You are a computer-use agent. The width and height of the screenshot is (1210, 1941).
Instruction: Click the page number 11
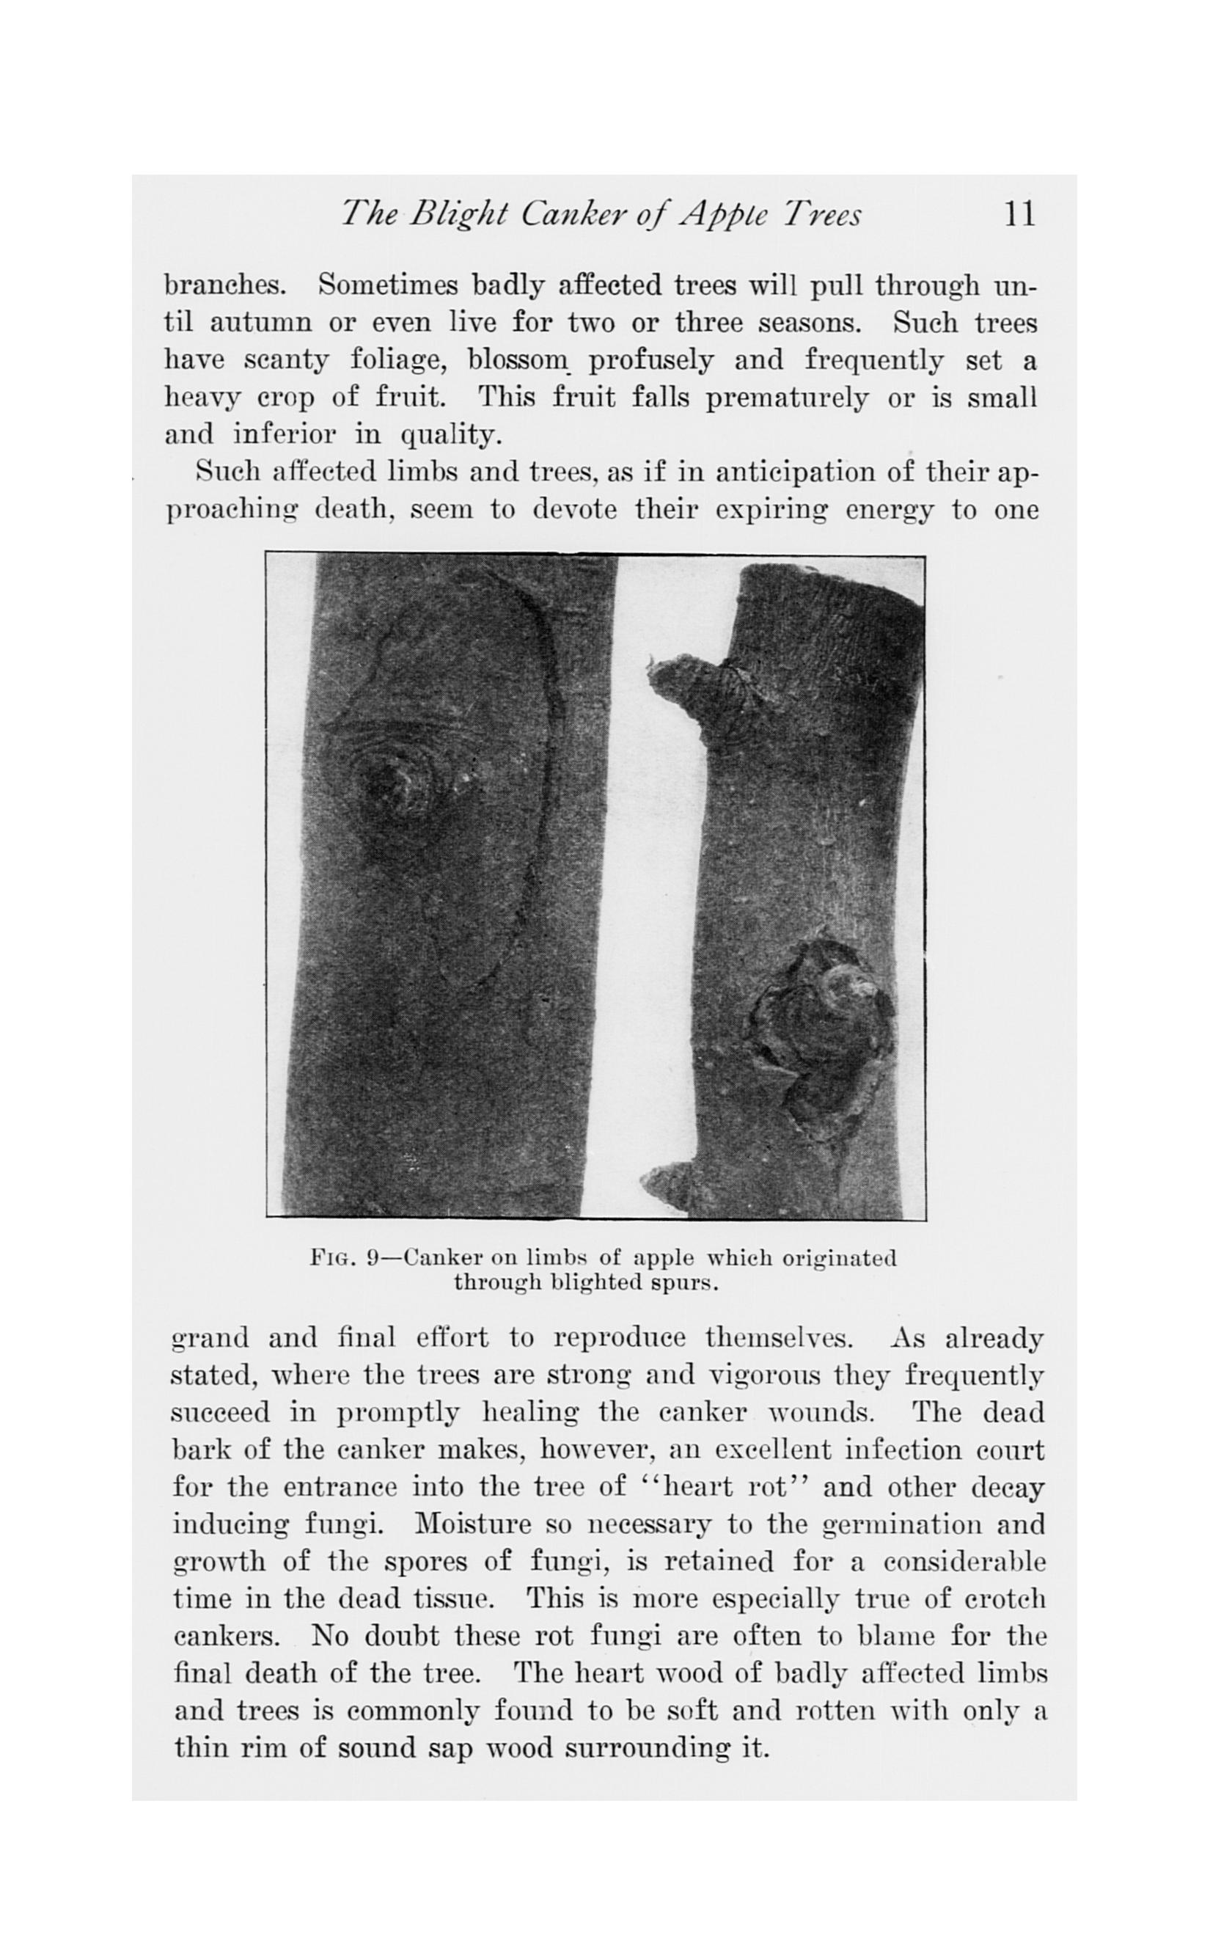[x=1019, y=214]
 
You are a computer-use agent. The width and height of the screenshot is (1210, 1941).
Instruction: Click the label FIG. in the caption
[x=331, y=1257]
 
